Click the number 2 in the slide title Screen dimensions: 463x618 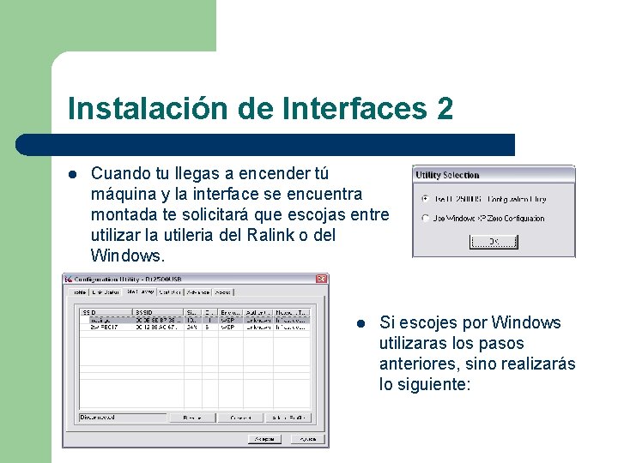(x=444, y=109)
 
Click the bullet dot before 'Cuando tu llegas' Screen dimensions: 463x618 (x=72, y=174)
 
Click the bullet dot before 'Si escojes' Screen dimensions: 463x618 (x=361, y=323)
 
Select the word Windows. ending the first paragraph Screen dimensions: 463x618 (x=125, y=256)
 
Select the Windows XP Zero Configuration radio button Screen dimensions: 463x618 (x=426, y=219)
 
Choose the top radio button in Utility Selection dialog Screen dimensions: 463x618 (x=426, y=199)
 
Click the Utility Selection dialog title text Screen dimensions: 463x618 (x=447, y=175)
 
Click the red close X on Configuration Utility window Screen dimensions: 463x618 (x=321, y=279)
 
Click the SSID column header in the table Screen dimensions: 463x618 (x=88, y=312)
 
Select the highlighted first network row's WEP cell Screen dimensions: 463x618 (x=227, y=319)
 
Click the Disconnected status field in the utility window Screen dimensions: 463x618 (x=120, y=418)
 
